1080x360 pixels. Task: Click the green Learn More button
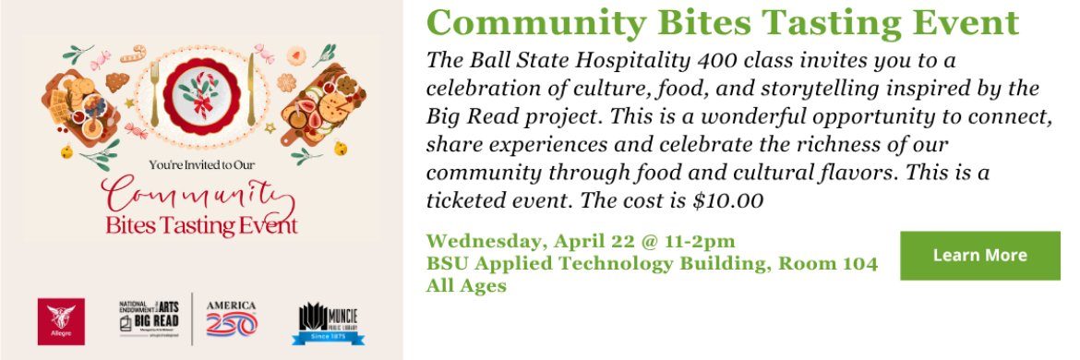click(x=979, y=256)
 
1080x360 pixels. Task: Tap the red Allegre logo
click(x=61, y=320)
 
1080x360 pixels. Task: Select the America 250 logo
click(x=232, y=318)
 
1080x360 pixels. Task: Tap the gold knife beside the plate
click(x=251, y=89)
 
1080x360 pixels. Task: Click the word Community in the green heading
click(x=529, y=23)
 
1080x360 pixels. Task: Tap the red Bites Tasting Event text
click(x=202, y=225)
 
